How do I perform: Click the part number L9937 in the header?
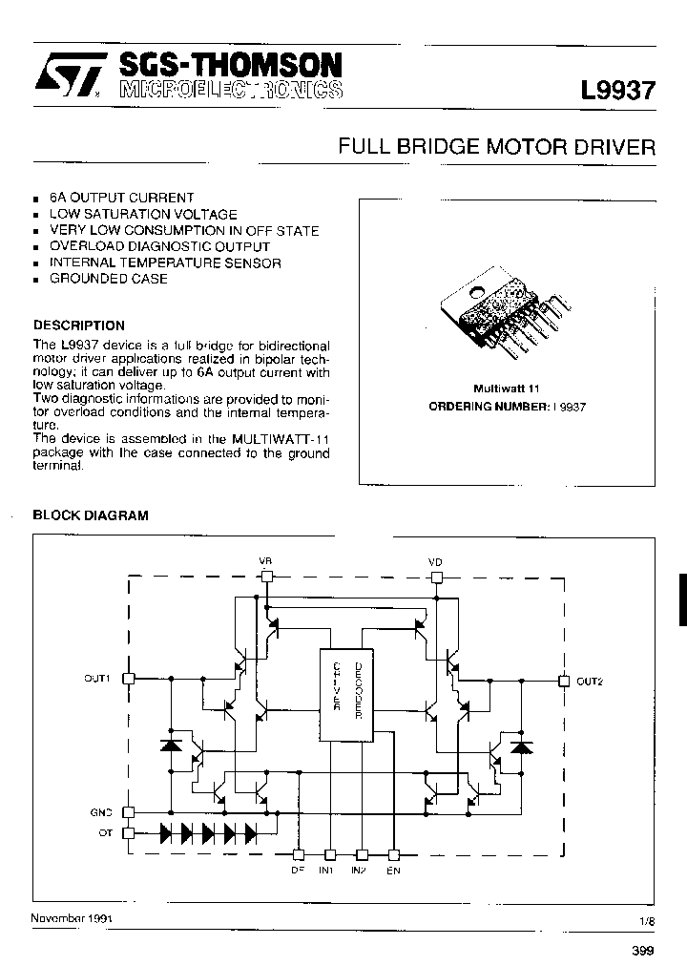click(x=618, y=91)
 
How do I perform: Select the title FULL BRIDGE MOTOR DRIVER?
click(x=498, y=147)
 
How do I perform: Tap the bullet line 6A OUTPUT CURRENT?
click(x=121, y=198)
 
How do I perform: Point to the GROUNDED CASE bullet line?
click(x=108, y=279)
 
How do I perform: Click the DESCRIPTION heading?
click(x=79, y=325)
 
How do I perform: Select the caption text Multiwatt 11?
click(x=507, y=388)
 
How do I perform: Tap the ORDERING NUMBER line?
click(x=507, y=406)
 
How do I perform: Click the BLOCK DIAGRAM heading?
click(x=91, y=515)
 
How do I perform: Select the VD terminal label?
click(x=435, y=560)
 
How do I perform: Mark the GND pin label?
click(x=101, y=812)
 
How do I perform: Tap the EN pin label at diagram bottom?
click(x=393, y=871)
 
